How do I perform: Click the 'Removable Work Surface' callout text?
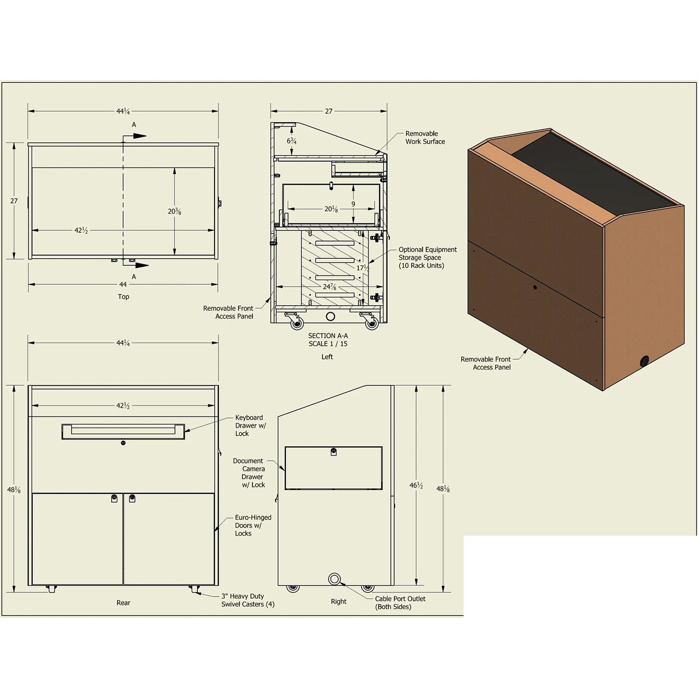[425, 137]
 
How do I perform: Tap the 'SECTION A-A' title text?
[328, 336]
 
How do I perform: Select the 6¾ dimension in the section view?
[292, 141]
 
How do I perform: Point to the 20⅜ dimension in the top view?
[174, 211]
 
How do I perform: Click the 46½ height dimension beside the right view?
[416, 486]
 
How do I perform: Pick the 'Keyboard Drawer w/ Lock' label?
[250, 425]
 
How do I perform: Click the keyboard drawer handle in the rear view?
[123, 431]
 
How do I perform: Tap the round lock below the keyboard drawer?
[123, 443]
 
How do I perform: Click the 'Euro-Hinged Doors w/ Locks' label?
[253, 525]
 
